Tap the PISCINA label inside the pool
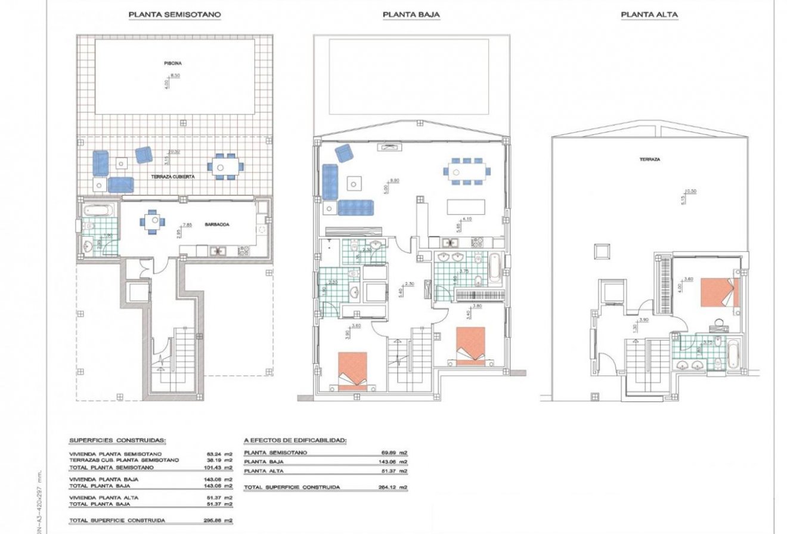pos(173,63)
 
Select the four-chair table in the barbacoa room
pos(153,221)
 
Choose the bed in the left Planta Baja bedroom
pos(352,370)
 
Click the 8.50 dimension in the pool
pos(175,76)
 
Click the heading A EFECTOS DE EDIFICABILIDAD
pos(295,441)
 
